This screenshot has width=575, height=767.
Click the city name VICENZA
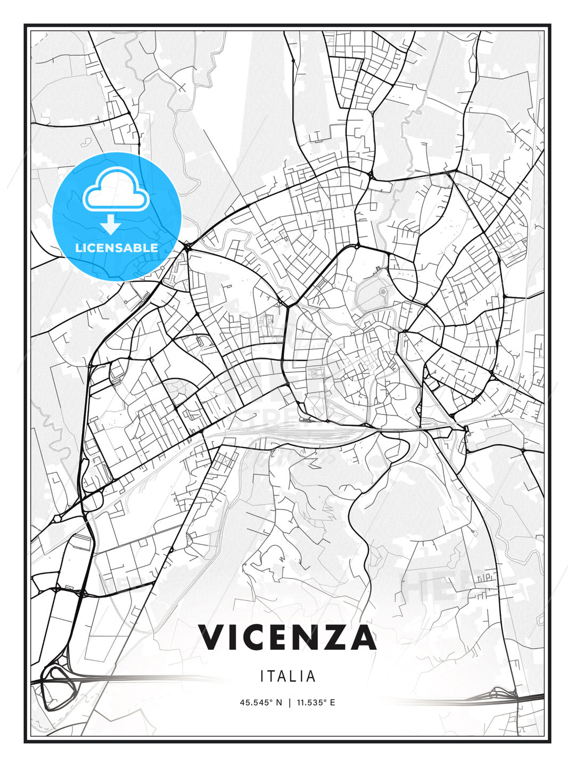point(287,638)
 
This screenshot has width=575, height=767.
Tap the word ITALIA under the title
point(287,676)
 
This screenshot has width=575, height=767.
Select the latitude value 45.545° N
point(261,703)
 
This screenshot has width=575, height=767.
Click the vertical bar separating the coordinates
point(289,703)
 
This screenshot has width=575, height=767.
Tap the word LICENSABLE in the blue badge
point(117,248)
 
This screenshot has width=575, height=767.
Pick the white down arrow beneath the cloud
point(111,224)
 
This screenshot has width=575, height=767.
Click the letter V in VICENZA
point(211,638)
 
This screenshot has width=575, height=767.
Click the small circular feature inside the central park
point(383,291)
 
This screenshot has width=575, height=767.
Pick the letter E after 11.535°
point(332,703)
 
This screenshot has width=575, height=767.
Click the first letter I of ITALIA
point(262,676)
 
